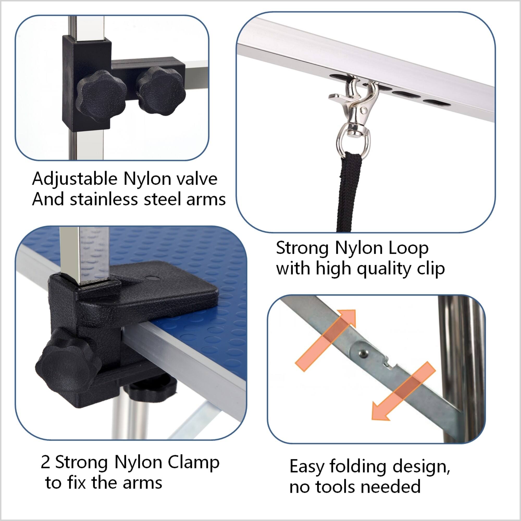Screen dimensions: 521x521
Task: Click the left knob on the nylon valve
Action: click(101, 96)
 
